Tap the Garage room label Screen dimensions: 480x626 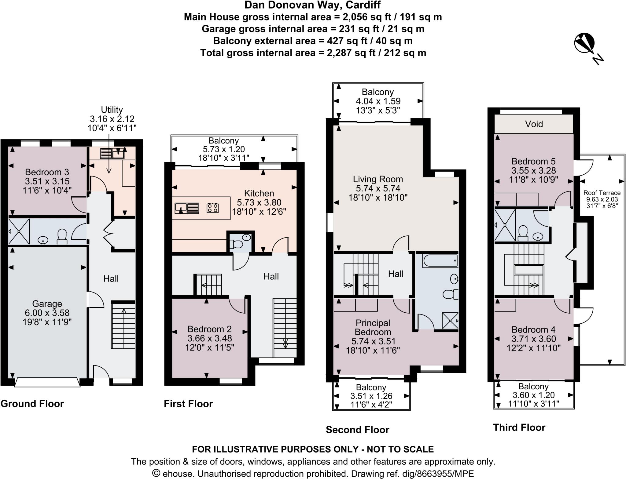tap(47, 304)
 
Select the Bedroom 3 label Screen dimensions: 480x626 tap(47, 172)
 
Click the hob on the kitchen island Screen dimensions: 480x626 tap(212, 208)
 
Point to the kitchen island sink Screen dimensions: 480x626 tap(186, 208)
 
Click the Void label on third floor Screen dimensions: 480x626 tap(534, 124)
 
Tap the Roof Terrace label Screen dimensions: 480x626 tap(602, 193)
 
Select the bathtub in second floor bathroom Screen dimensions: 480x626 tap(440, 261)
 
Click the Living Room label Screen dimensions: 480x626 tap(378, 179)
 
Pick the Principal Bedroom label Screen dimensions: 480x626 tap(373, 327)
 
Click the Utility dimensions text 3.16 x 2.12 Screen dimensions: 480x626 tap(112, 119)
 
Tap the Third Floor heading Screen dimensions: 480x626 tap(519, 427)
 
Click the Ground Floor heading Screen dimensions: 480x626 tap(32, 404)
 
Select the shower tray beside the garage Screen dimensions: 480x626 tap(19, 231)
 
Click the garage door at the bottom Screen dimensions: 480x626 tap(47, 382)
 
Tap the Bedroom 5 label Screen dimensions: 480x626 tap(533, 161)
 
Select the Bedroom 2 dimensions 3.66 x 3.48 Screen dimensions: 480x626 tap(209, 338)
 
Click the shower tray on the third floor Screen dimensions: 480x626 tap(505, 225)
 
